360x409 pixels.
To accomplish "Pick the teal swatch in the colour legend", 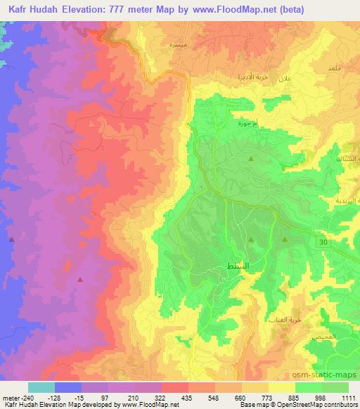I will click(41, 387).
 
